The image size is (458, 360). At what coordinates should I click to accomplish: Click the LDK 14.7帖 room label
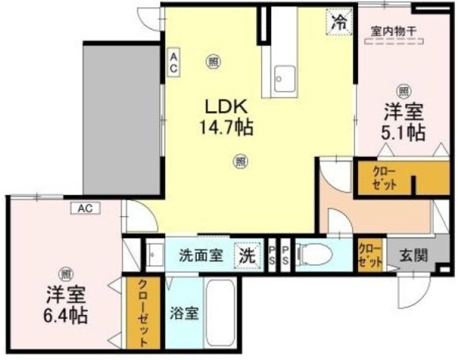click(x=224, y=117)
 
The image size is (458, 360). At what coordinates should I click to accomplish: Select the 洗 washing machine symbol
click(x=246, y=255)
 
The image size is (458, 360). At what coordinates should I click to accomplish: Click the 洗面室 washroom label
click(x=200, y=255)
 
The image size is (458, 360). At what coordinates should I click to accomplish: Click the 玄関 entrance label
click(x=413, y=255)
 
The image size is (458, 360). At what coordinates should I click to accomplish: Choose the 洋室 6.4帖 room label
click(x=65, y=303)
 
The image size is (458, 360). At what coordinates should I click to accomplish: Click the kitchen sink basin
click(x=285, y=79)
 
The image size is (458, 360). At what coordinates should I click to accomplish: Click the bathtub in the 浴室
click(x=221, y=314)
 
